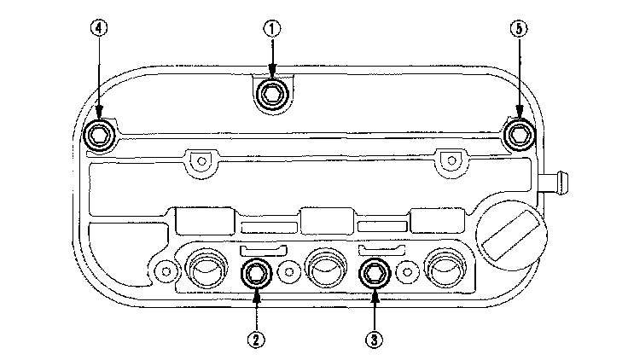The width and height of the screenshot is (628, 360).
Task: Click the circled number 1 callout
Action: [x=271, y=28]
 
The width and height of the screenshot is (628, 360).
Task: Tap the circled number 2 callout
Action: [x=255, y=338]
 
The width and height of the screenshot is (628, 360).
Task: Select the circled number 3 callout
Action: [x=373, y=338]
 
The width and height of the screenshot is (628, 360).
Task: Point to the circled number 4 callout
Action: [x=100, y=28]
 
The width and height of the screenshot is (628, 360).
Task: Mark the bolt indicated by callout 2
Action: [x=255, y=273]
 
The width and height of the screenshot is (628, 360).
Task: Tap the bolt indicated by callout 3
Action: [x=373, y=273]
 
